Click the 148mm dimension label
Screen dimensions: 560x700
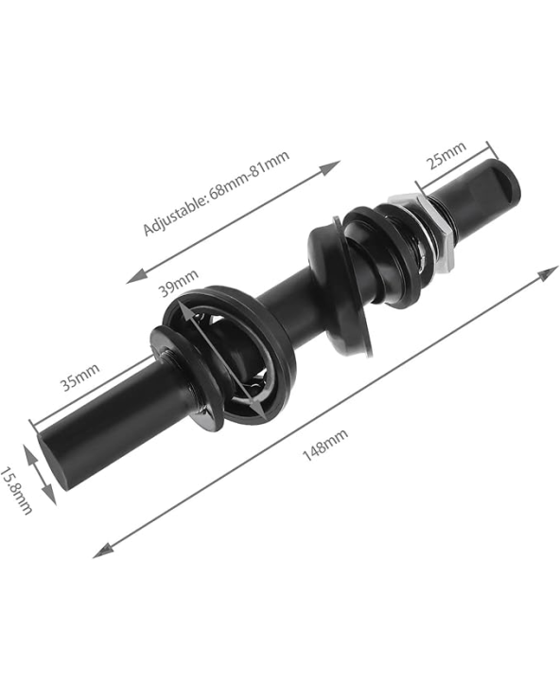pos(325,446)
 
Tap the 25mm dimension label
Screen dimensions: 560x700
pos(447,154)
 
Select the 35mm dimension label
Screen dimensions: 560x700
pos(79,376)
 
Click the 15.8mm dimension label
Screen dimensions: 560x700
pos(16,491)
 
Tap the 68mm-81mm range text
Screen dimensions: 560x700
pos(250,175)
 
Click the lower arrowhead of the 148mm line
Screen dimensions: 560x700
pos(103,551)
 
